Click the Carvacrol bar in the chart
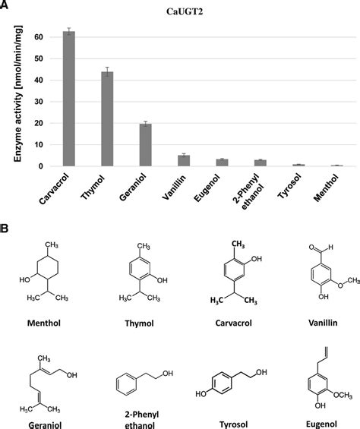point(68,99)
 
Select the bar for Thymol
point(107,118)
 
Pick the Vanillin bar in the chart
point(184,160)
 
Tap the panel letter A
point(5,7)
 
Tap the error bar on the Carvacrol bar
point(68,32)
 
